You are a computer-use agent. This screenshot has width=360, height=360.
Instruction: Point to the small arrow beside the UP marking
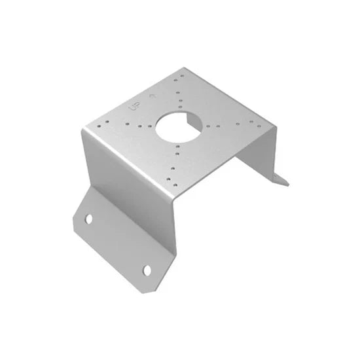pyautogui.click(x=153, y=94)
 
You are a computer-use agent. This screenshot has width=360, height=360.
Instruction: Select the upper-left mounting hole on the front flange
pyautogui.click(x=89, y=219)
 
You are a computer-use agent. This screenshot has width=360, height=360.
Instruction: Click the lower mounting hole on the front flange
pyautogui.click(x=147, y=270)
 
